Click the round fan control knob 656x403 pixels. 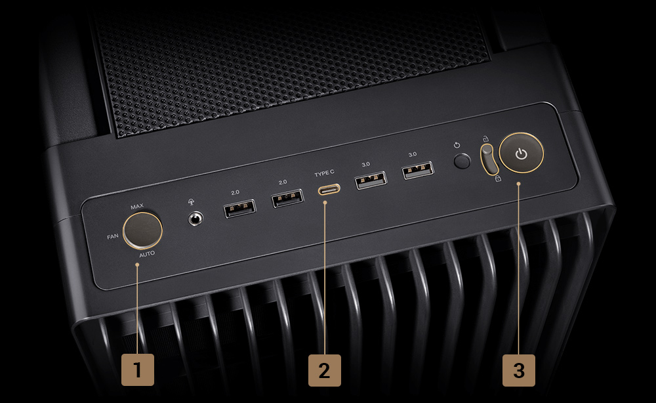click(142, 230)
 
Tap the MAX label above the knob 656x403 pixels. click(137, 206)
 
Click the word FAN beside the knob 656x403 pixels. click(113, 236)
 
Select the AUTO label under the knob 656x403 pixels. click(147, 254)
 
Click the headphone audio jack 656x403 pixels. click(195, 219)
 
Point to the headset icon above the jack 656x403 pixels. click(191, 202)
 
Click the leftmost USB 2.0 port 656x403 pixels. click(239, 209)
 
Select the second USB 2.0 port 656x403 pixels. click(287, 198)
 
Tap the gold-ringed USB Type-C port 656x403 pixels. click(329, 190)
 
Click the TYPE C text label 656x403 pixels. click(324, 173)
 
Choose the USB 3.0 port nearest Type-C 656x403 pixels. click(371, 180)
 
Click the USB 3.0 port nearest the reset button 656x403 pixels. click(418, 170)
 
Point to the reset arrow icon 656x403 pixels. click(457, 145)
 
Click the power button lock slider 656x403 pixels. click(488, 158)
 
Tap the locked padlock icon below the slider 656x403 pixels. click(498, 179)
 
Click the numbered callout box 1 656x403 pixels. click(138, 370)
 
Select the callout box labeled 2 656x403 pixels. click(325, 370)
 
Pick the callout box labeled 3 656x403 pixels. click(519, 370)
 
